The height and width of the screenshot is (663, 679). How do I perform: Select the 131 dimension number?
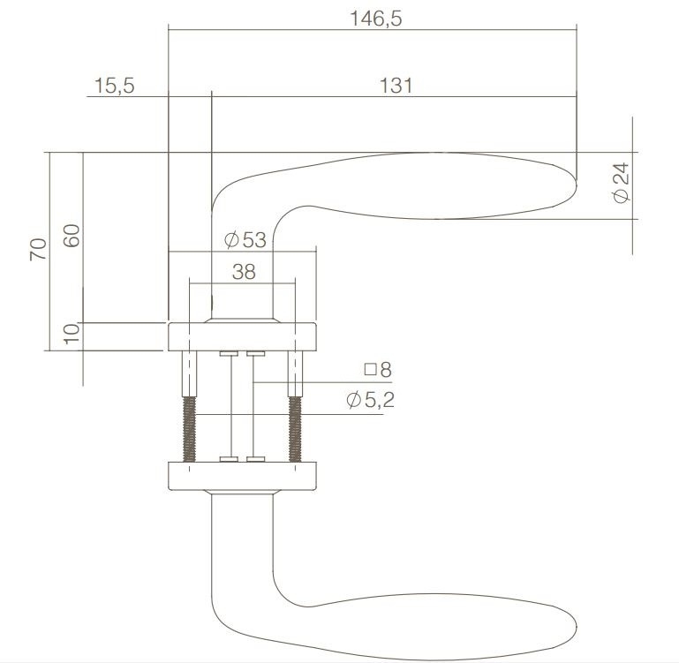coord(396,86)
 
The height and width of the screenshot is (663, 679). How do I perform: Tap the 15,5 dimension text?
coord(112,86)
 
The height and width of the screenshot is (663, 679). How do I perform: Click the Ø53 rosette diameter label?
coord(245,239)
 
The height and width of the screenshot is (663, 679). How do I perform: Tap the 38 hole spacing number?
coord(243,273)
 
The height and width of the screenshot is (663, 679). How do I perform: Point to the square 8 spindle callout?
coord(378,370)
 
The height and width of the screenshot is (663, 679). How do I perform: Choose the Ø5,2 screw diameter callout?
coord(370,401)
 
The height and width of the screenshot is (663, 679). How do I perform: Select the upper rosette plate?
coord(242,336)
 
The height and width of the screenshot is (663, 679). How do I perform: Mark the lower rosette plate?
coord(242,476)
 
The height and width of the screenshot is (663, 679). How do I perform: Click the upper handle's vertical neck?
coord(243,265)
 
